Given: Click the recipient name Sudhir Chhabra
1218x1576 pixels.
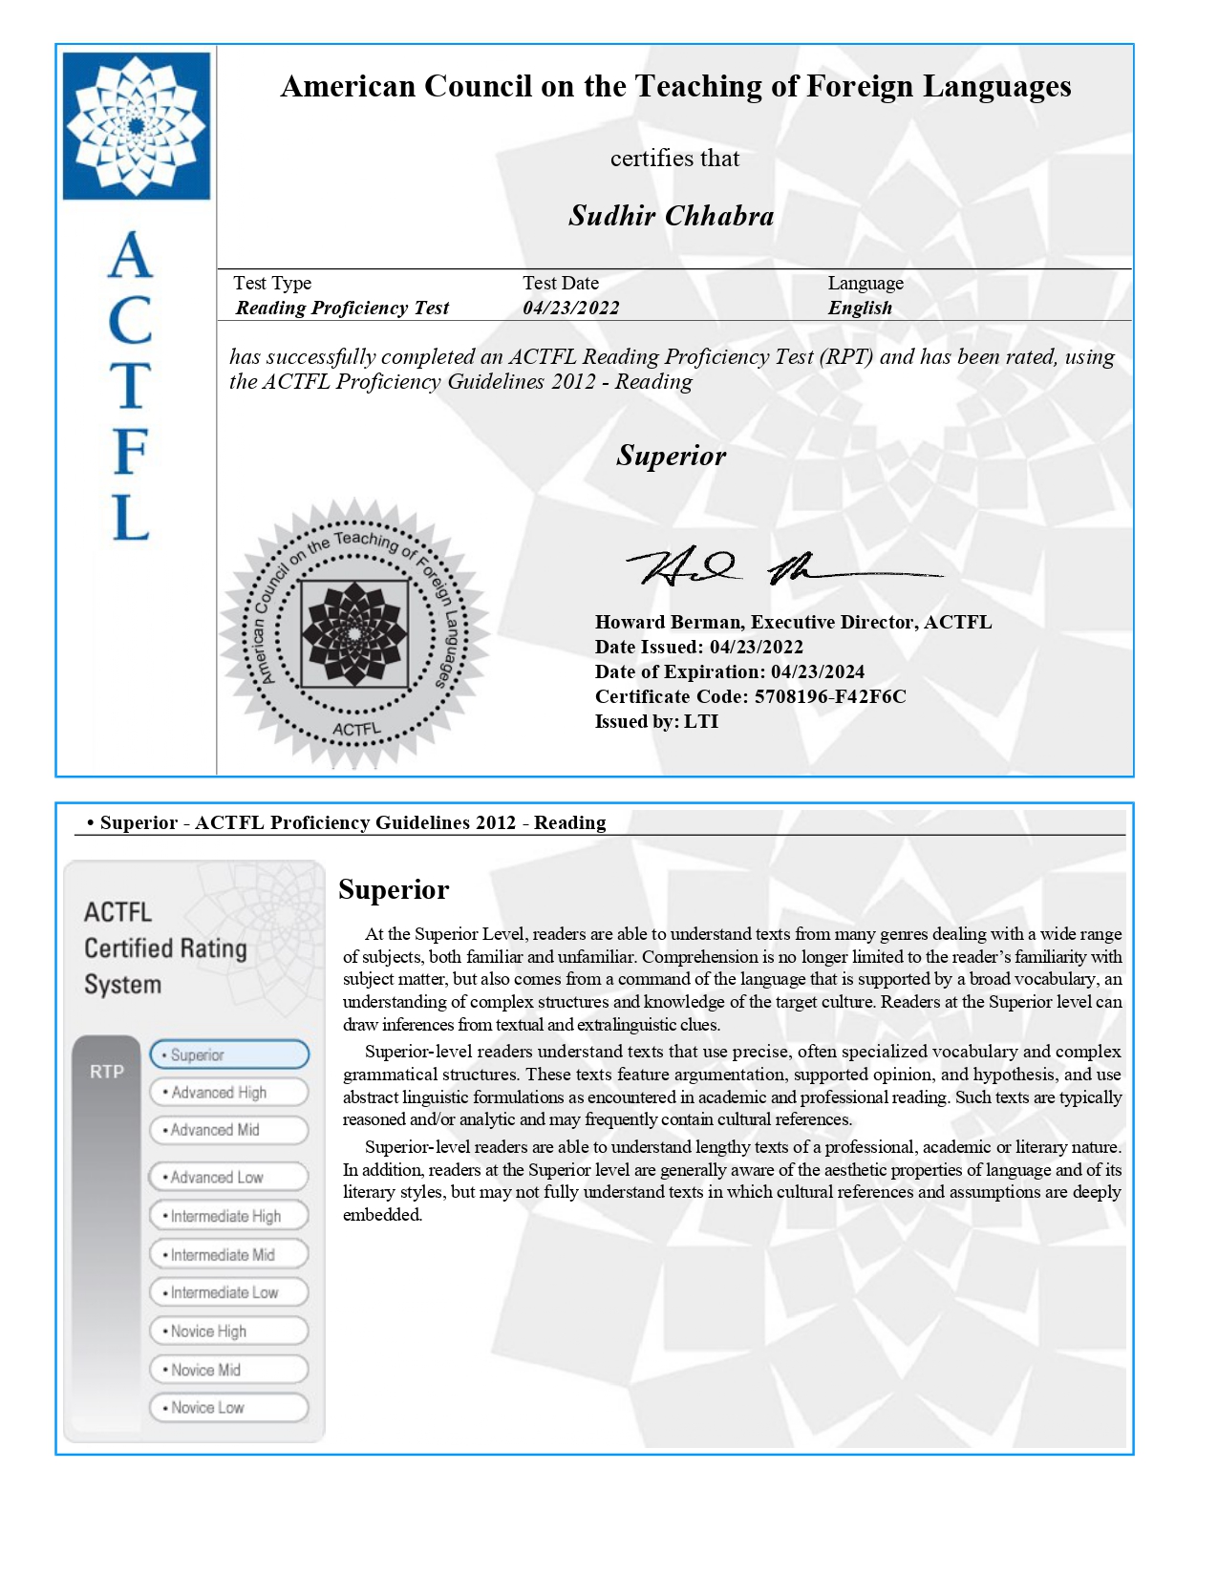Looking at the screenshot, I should pyautogui.click(x=671, y=216).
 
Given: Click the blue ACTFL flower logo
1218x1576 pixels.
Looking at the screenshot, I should pyautogui.click(x=137, y=125).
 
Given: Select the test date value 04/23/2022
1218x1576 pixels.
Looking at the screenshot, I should pyautogui.click(x=570, y=308).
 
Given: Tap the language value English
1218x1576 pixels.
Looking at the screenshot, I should pyautogui.click(x=860, y=308).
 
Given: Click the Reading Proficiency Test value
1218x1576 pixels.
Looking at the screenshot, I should pyautogui.click(x=342, y=308).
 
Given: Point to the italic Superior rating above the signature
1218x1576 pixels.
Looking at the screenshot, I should pyautogui.click(x=671, y=456).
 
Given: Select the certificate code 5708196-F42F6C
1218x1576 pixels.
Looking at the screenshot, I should pyautogui.click(x=830, y=696).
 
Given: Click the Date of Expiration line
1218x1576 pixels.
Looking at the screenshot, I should pyautogui.click(x=729, y=671).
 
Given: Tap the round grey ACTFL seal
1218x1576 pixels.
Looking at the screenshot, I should pyautogui.click(x=354, y=633).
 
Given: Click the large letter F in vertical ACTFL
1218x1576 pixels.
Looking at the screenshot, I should pyautogui.click(x=131, y=451).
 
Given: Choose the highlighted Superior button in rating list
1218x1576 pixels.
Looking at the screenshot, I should pyautogui.click(x=229, y=1054).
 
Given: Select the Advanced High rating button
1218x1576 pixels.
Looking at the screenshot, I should pyautogui.click(x=229, y=1092).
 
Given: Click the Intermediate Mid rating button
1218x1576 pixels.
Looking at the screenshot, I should pyautogui.click(x=229, y=1254).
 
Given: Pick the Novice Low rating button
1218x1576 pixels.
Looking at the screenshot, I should pyautogui.click(x=229, y=1407).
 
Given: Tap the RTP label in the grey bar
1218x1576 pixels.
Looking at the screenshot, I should pyautogui.click(x=107, y=1072).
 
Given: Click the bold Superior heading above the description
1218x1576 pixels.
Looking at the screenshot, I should pyautogui.click(x=394, y=889).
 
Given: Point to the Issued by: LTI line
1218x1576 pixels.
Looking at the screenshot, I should pyautogui.click(x=656, y=721).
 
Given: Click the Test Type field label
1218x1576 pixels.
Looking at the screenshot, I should pyautogui.click(x=272, y=283).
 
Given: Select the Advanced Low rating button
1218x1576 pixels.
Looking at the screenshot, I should pyautogui.click(x=229, y=1177).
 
